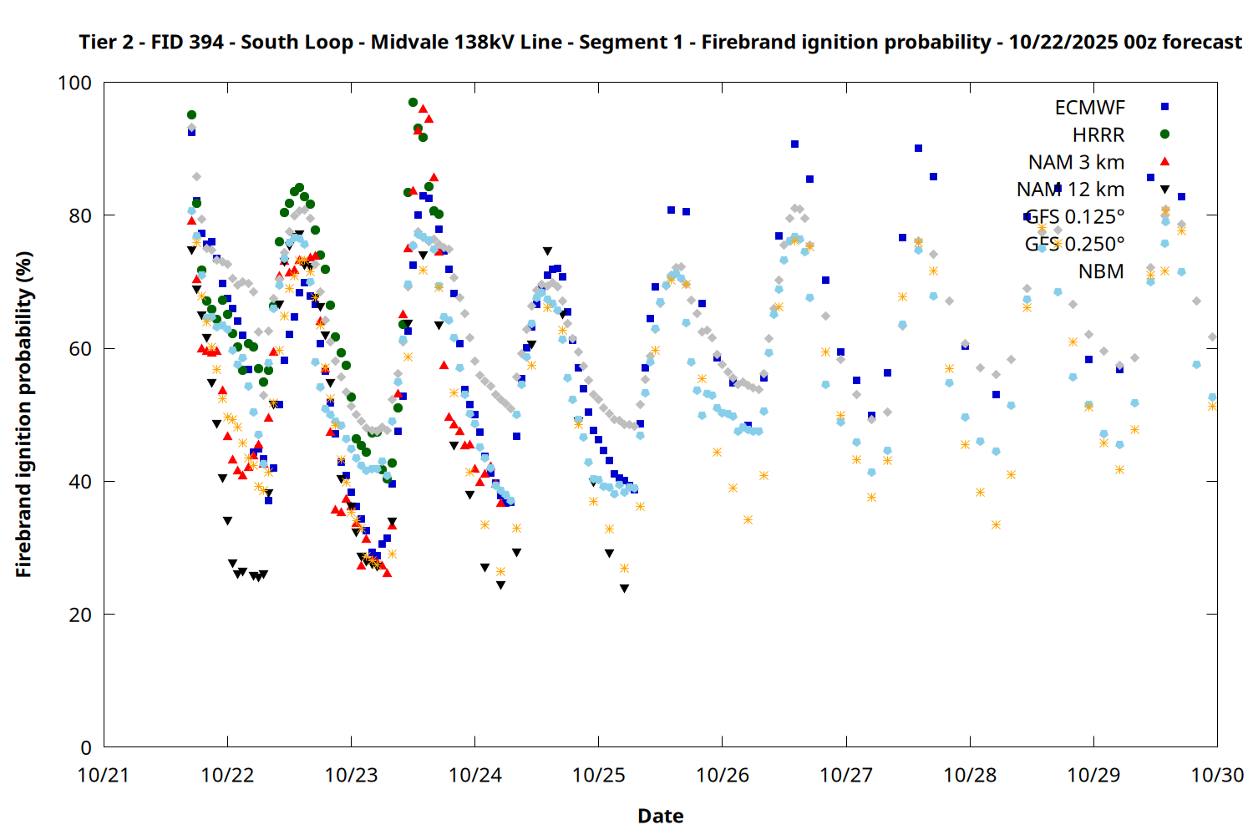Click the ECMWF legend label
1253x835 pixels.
click(x=1089, y=108)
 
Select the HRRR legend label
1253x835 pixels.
click(x=1098, y=135)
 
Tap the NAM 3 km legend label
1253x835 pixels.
click(x=1076, y=162)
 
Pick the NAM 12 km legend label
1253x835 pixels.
click(x=1070, y=190)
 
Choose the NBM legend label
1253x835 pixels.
click(x=1101, y=271)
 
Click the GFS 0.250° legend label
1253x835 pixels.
click(x=1074, y=244)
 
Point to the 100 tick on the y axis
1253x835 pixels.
click(x=74, y=83)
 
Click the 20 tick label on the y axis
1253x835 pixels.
click(x=81, y=615)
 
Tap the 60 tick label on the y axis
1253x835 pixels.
click(x=81, y=348)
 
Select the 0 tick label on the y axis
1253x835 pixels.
click(x=86, y=747)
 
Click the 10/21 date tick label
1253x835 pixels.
click(x=104, y=775)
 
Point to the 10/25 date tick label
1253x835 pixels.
click(x=598, y=775)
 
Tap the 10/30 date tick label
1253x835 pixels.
click(x=1217, y=775)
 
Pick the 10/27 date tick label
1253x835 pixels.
click(x=846, y=775)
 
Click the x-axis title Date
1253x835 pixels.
click(x=660, y=816)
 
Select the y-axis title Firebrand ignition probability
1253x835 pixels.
click(x=24, y=414)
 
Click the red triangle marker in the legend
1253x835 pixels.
click(x=1164, y=162)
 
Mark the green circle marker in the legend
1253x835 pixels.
click(x=1164, y=134)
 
